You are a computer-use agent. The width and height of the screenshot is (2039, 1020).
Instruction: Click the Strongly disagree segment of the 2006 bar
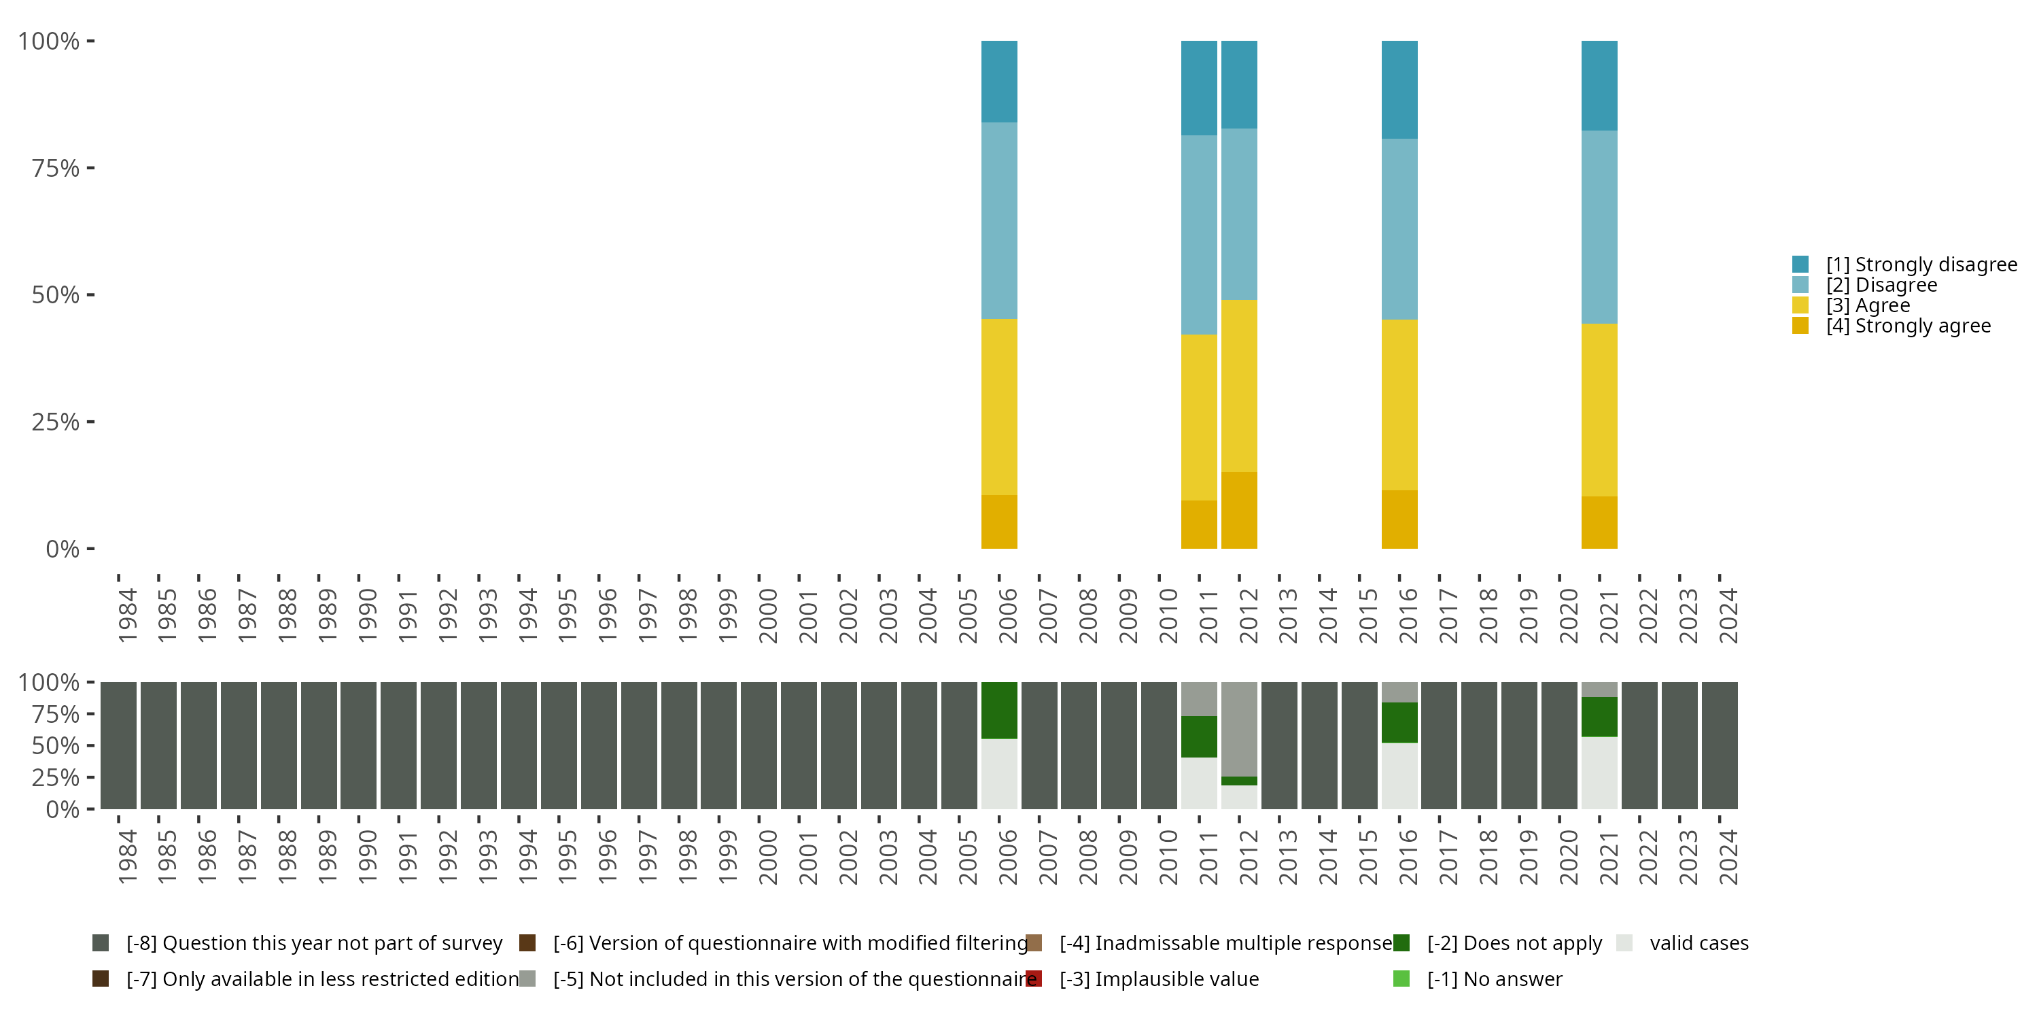tap(999, 81)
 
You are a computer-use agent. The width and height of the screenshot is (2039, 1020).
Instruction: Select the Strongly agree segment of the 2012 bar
tap(1239, 510)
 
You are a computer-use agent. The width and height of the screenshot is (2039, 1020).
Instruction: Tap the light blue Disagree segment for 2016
tap(1399, 229)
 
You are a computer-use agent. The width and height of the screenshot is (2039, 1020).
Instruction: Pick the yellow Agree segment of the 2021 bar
tap(1599, 409)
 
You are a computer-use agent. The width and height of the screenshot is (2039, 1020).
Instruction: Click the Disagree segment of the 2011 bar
tap(1198, 235)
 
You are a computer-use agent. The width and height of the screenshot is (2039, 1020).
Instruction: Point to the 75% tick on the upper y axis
tap(90, 168)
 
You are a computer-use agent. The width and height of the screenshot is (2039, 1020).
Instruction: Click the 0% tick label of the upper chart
tap(63, 549)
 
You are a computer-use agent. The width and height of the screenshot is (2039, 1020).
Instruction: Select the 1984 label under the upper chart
tap(126, 615)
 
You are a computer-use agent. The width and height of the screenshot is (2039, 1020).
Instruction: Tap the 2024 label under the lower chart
tap(1728, 857)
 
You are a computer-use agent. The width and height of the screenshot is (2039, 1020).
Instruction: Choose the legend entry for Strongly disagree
tap(1921, 265)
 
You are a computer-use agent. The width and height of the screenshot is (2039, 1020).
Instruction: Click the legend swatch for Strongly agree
tap(1800, 326)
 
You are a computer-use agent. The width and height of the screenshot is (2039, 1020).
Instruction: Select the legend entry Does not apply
tap(1514, 943)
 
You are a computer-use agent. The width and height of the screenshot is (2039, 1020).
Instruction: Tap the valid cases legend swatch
tap(1624, 943)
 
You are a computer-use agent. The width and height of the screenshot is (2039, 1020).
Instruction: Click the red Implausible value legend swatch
tap(1034, 979)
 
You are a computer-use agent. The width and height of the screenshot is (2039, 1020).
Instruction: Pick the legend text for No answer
tap(1495, 979)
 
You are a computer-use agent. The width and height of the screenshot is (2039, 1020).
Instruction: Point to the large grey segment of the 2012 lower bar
tap(1239, 728)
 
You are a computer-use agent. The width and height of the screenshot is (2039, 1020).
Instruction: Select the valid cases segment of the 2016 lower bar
tap(1399, 775)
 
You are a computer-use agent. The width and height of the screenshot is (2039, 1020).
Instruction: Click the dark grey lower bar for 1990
tap(359, 745)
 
